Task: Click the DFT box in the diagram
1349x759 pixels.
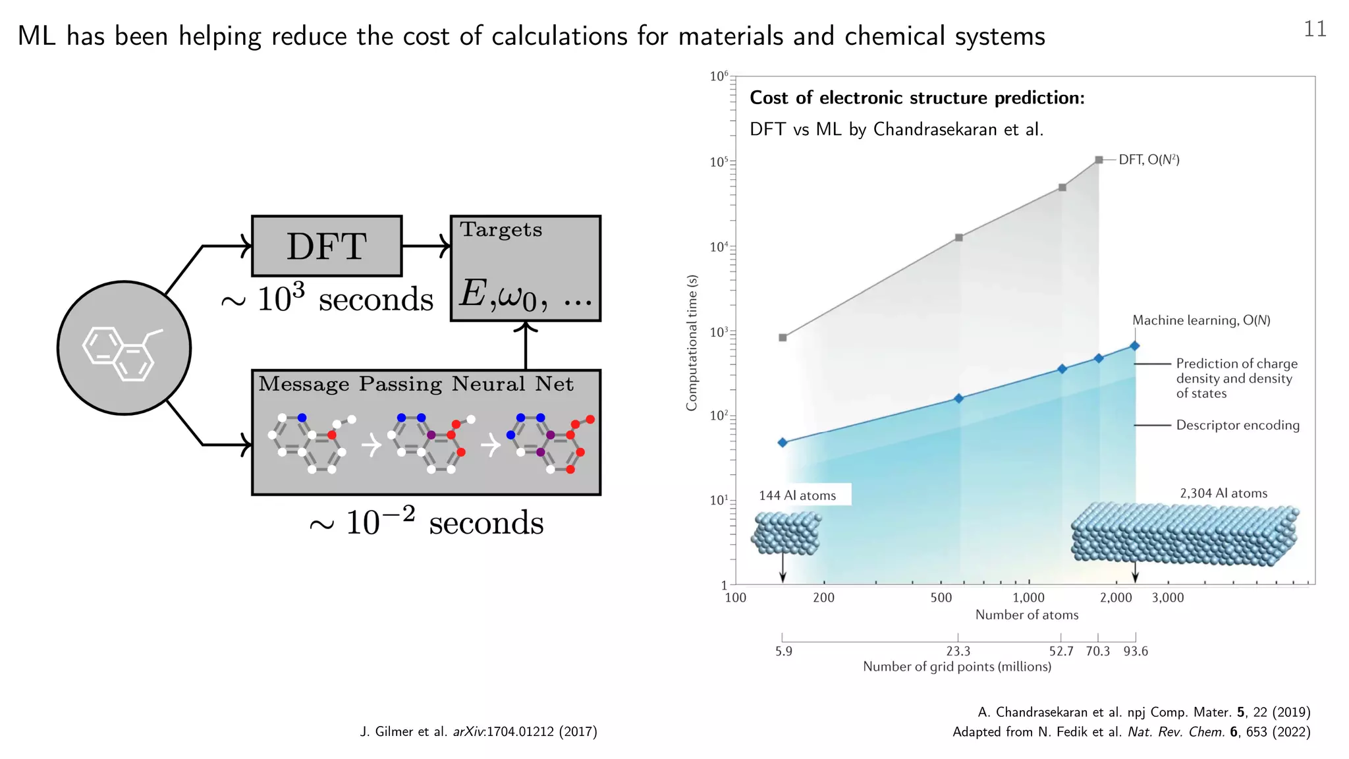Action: pyautogui.click(x=327, y=246)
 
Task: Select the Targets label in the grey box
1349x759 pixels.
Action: pyautogui.click(x=501, y=230)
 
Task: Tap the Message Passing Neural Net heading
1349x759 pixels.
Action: pyautogui.click(x=416, y=384)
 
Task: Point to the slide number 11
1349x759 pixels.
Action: pyautogui.click(x=1315, y=29)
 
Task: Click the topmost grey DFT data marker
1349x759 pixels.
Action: pyautogui.click(x=1099, y=160)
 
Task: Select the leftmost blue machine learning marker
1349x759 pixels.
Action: pyautogui.click(x=783, y=443)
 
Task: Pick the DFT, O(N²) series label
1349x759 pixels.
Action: pyautogui.click(x=1149, y=160)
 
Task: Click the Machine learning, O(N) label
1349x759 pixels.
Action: pyautogui.click(x=1201, y=320)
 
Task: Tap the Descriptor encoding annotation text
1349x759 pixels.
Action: pyautogui.click(x=1238, y=425)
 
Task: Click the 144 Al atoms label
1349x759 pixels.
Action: pyautogui.click(x=797, y=495)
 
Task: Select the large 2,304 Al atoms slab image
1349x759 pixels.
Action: pyautogui.click(x=1184, y=534)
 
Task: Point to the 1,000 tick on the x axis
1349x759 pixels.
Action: pyautogui.click(x=1028, y=598)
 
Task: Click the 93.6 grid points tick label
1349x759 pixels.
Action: pyautogui.click(x=1136, y=651)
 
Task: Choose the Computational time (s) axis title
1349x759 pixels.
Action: pyautogui.click(x=692, y=343)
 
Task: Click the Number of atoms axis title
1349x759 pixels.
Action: pyautogui.click(x=1026, y=615)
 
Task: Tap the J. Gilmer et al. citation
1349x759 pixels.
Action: pyautogui.click(x=478, y=731)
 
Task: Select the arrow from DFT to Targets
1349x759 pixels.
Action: pyautogui.click(x=426, y=246)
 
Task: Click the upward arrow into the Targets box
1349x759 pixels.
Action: pyautogui.click(x=526, y=345)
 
